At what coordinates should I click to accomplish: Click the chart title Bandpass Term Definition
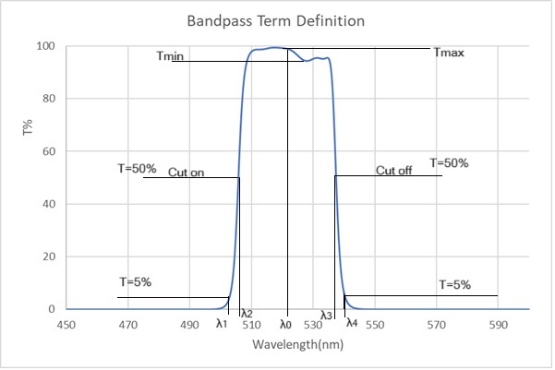[x=277, y=19]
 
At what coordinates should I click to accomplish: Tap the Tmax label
[x=449, y=53]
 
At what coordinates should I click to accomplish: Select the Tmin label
[x=170, y=57]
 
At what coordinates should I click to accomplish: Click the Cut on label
[x=186, y=172]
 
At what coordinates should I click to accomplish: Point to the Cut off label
[x=394, y=171]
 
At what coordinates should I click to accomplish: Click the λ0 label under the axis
[x=285, y=324]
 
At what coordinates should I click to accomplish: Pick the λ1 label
[x=221, y=324]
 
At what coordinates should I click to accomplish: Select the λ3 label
[x=326, y=316]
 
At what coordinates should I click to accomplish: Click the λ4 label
[x=351, y=323]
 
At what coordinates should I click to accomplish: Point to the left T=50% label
[x=138, y=168]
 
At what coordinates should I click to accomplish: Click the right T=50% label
[x=449, y=163]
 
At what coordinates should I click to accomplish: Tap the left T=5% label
[x=135, y=280]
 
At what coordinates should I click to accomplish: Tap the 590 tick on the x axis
[x=498, y=325]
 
